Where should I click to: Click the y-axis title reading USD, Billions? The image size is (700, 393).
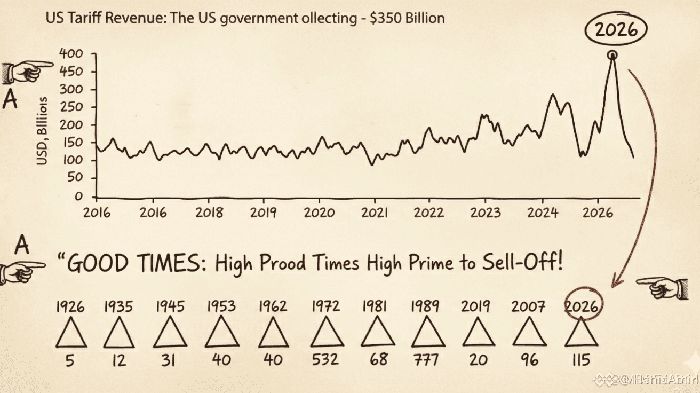coord(44,131)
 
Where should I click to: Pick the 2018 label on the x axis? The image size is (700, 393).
coord(209,212)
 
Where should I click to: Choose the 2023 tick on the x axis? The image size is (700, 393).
coord(485,212)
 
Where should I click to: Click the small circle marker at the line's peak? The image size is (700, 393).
coord(612,54)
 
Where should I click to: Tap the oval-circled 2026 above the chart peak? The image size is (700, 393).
coord(616,30)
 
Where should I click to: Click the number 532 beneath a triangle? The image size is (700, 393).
coord(325,359)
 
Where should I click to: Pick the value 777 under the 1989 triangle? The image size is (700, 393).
coord(425,359)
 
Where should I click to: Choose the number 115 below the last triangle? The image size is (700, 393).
coord(580,359)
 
